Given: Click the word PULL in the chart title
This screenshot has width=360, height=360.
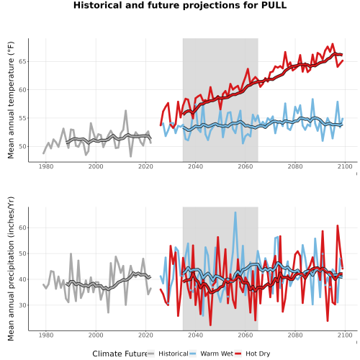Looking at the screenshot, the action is (x=274, y=5).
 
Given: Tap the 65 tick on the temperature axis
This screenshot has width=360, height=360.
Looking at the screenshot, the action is (x=22, y=61).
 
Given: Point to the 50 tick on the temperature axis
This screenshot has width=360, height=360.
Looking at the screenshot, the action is (x=22, y=146).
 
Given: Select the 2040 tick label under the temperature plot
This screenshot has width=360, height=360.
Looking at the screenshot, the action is (x=195, y=166).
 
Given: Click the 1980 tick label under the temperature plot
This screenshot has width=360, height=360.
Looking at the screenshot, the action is (x=46, y=166).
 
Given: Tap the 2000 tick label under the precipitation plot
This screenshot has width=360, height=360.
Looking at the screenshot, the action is (x=96, y=335).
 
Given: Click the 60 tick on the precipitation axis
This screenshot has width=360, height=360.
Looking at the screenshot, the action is (x=22, y=228).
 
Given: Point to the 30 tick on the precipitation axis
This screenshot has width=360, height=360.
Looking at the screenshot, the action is (x=22, y=305).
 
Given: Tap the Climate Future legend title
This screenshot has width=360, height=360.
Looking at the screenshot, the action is (x=120, y=354).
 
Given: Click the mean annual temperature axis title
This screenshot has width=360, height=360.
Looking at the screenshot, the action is (x=11, y=100).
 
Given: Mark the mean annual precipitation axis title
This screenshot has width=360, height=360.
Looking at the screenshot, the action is (x=11, y=269).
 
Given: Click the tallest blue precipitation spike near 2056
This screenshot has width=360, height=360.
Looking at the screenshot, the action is (x=235, y=212).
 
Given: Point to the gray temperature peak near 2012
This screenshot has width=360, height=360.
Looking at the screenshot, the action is (x=125, y=111).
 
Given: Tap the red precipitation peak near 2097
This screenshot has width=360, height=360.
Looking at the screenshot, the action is (x=338, y=225).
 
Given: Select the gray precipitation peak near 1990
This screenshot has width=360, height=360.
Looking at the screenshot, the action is (x=71, y=253).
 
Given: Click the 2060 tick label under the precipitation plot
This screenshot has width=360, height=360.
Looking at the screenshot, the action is (x=246, y=335).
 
